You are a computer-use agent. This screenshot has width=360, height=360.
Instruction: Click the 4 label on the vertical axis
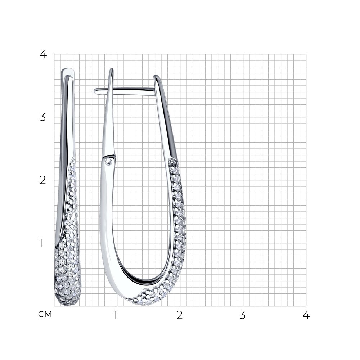(x=43, y=54)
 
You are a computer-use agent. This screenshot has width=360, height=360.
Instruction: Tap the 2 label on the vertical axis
(x=43, y=180)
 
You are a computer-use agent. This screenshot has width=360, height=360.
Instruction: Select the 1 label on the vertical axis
(x=41, y=243)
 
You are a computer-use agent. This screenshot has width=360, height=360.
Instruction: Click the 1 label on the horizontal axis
(x=116, y=315)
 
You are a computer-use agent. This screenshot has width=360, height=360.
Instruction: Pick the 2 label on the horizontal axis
(x=180, y=315)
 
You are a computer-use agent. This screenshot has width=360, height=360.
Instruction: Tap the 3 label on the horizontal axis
(x=242, y=315)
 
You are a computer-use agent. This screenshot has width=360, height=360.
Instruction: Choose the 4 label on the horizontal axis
(x=306, y=315)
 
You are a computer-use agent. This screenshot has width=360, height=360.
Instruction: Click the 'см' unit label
(x=45, y=314)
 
